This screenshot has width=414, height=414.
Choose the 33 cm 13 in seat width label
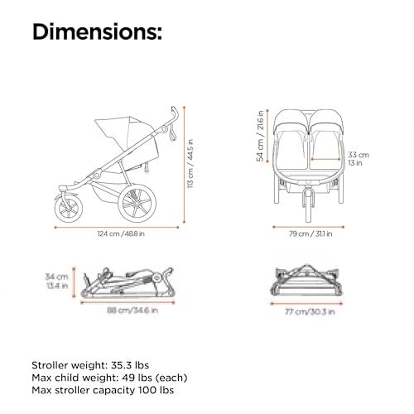click(358, 158)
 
